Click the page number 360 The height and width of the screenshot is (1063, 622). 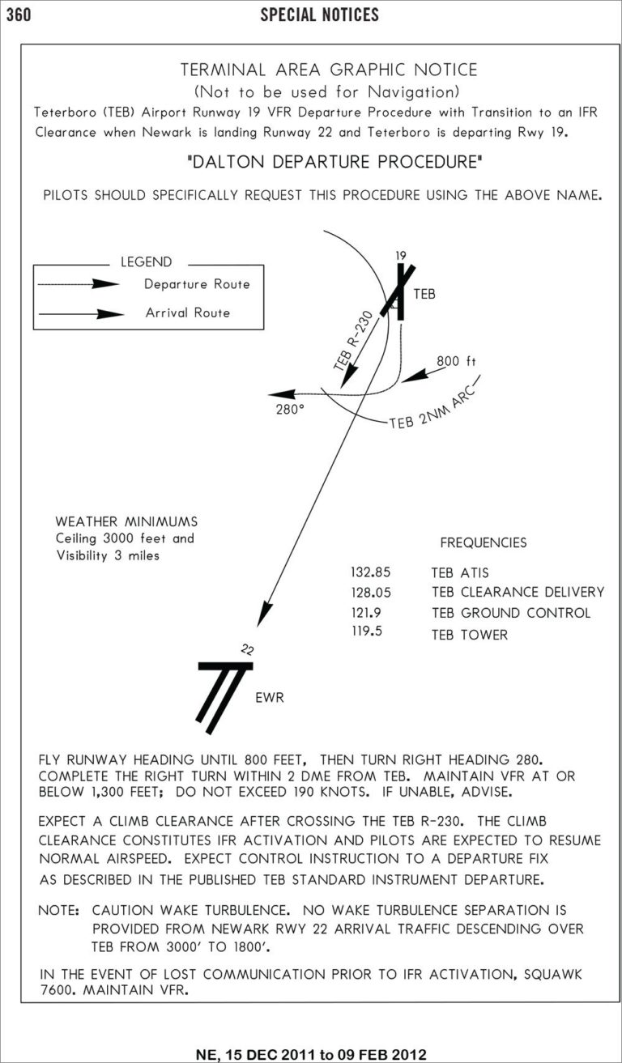19,15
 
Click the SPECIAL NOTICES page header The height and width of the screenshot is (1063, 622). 319,15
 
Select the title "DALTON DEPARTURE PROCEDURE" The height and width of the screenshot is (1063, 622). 334,162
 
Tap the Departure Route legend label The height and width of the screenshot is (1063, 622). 197,284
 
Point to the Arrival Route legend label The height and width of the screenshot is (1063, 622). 188,313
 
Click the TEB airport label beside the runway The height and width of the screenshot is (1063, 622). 424,295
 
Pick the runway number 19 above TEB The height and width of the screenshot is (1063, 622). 400,257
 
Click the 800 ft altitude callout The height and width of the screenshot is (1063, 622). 455,360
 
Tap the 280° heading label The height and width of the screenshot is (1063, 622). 288,410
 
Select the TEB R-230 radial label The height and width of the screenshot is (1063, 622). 354,341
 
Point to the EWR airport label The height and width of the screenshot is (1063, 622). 270,697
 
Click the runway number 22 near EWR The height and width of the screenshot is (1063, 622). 248,648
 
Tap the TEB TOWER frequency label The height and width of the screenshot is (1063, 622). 470,635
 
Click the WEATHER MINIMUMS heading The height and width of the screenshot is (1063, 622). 126,521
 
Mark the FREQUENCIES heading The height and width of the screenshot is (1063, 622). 483,542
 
